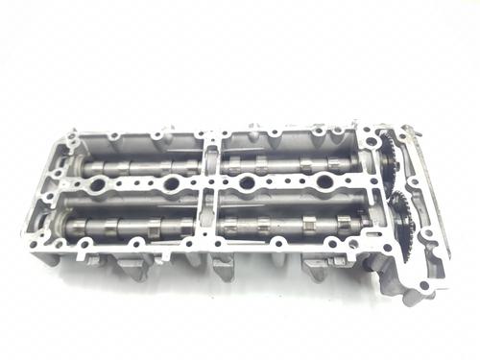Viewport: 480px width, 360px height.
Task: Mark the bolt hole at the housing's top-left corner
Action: [x=69, y=143]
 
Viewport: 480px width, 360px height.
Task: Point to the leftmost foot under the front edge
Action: [x=134, y=268]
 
